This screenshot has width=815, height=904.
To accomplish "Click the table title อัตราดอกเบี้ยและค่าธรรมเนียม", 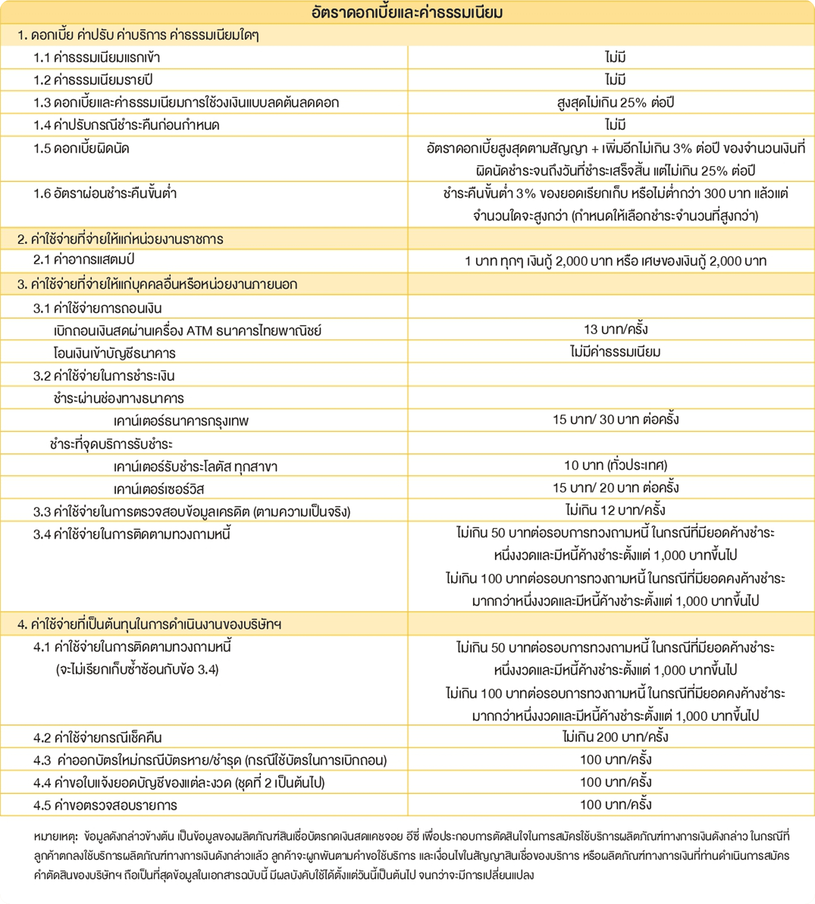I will click(x=407, y=12).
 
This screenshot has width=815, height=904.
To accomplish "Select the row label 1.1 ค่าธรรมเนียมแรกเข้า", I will click(x=97, y=58).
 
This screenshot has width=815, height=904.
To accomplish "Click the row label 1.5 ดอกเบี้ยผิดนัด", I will click(x=81, y=149).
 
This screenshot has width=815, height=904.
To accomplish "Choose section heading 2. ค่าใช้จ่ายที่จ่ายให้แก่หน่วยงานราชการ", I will click(x=120, y=239).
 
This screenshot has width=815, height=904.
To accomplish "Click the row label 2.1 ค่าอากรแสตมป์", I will click(x=84, y=260).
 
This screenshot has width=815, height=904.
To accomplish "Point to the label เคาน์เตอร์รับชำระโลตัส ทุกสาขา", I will click(x=195, y=467).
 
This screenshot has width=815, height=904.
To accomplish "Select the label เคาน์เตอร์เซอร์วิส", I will click(x=159, y=489).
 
